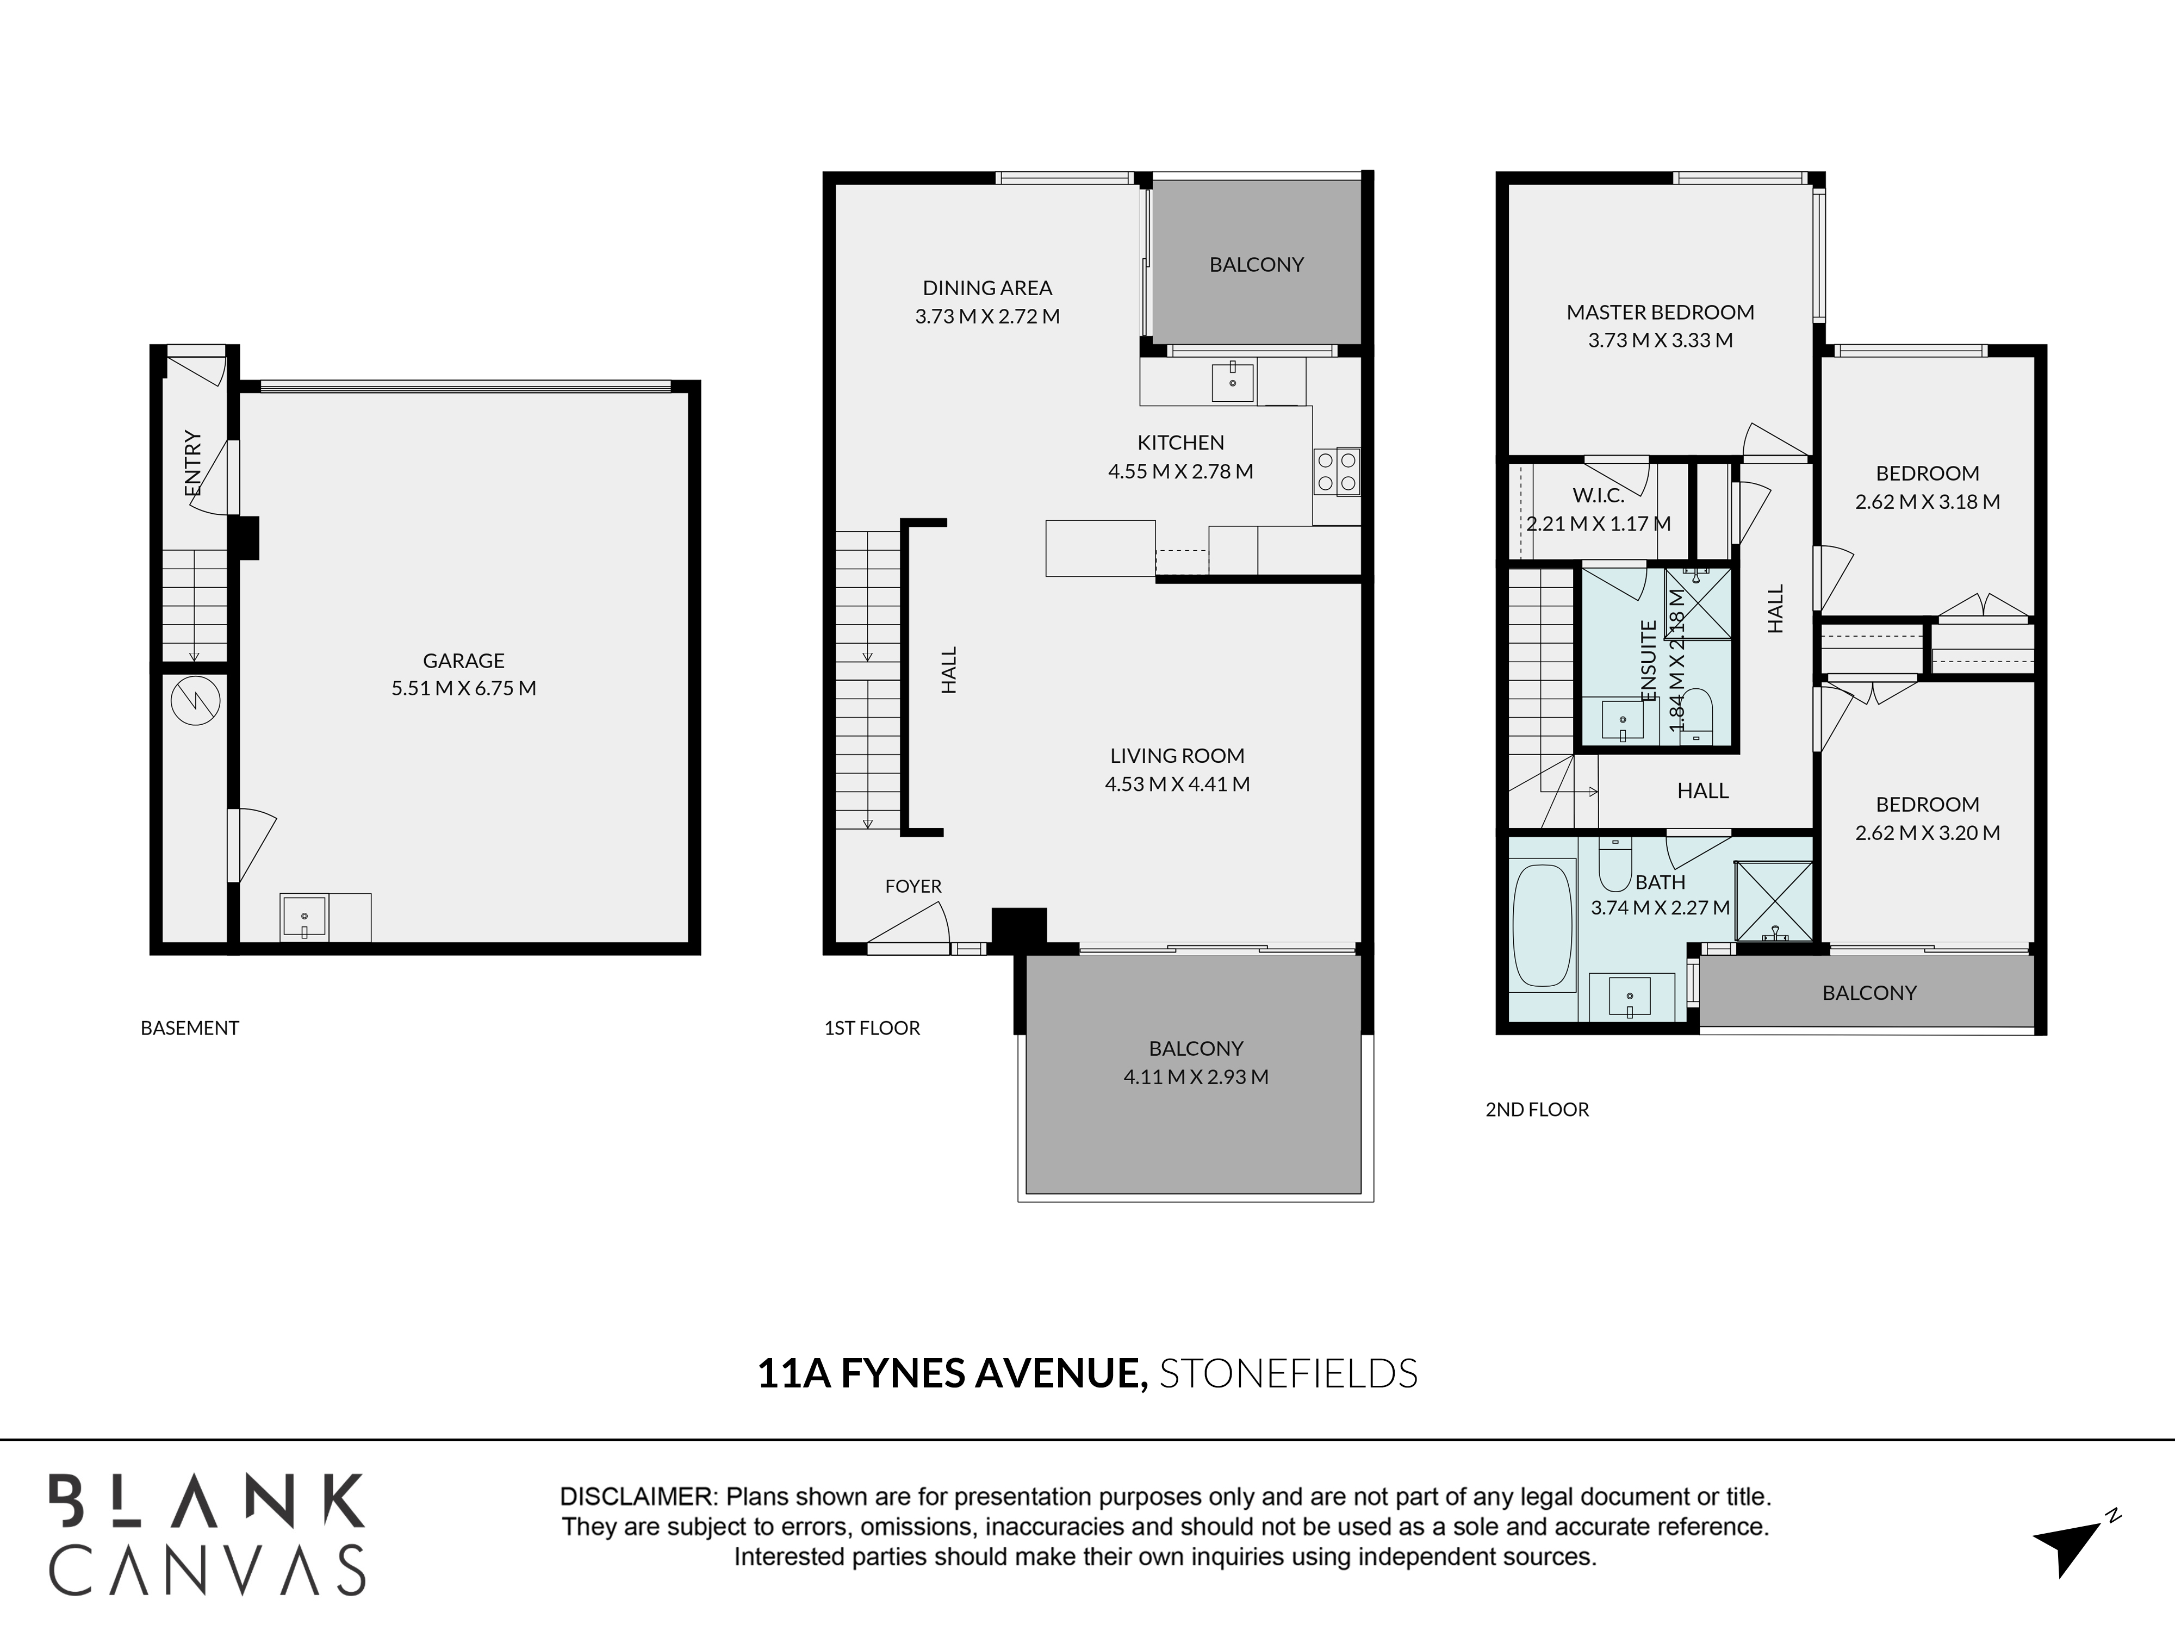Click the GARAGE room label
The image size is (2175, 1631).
(463, 661)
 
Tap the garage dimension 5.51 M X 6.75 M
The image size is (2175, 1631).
(463, 688)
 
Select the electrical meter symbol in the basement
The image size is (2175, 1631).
(195, 701)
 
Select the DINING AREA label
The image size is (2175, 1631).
(987, 288)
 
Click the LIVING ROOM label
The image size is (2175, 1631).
(1177, 756)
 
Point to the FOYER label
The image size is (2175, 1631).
(913, 886)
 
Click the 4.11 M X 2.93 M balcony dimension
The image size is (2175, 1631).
(1196, 1076)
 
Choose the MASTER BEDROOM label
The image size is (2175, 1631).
(1660, 313)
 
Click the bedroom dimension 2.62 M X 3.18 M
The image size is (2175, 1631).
(1927, 501)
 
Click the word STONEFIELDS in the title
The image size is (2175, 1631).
(1288, 1373)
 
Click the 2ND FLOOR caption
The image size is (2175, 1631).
(1537, 1109)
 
